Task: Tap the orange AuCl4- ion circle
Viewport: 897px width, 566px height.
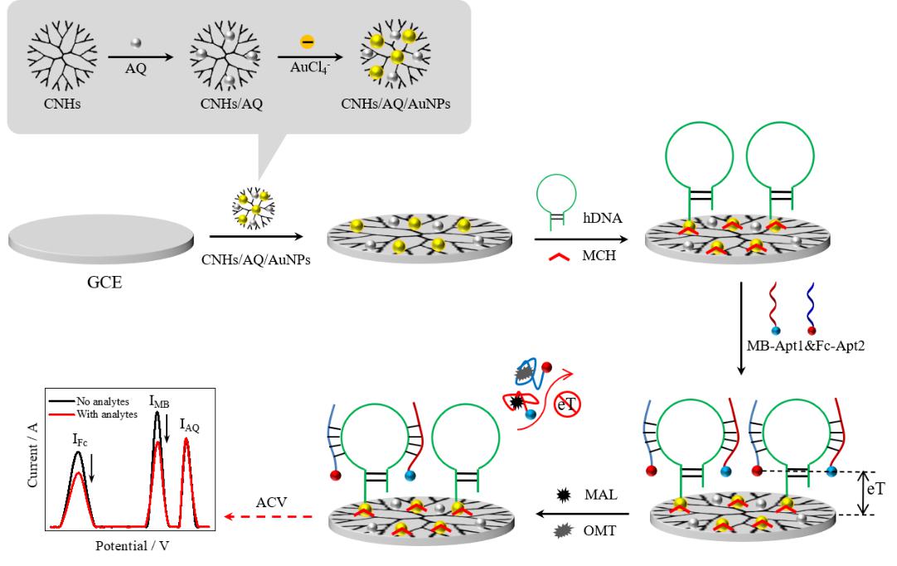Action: coord(306,40)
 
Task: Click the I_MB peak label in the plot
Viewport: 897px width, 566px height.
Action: coord(159,402)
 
